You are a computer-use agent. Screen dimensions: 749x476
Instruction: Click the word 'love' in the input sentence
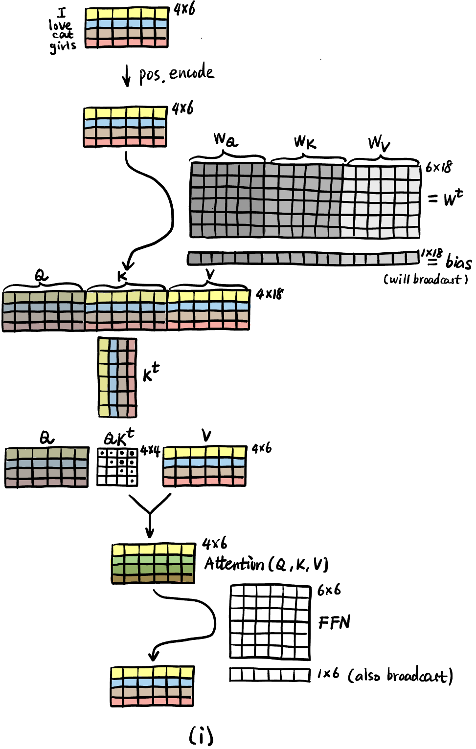click(x=60, y=24)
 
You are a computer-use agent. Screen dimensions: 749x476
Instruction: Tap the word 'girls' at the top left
click(x=63, y=46)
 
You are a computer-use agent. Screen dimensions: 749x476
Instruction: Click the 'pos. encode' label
click(x=177, y=73)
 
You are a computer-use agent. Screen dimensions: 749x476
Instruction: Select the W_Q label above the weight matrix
click(x=226, y=140)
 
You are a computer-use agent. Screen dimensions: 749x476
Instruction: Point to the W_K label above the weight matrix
click(x=305, y=142)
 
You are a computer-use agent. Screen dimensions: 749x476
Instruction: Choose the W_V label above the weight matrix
click(x=379, y=143)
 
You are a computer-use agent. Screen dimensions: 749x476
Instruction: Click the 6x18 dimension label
click(x=439, y=167)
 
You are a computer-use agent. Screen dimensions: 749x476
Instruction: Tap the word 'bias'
click(x=458, y=262)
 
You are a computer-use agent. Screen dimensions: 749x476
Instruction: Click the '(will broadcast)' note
click(x=426, y=279)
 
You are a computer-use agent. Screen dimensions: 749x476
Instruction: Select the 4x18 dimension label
click(x=270, y=294)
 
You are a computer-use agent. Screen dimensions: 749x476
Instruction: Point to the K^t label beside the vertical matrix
click(x=151, y=373)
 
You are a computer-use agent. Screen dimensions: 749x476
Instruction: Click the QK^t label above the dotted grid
click(x=119, y=437)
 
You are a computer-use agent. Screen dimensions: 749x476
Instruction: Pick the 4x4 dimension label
click(x=150, y=450)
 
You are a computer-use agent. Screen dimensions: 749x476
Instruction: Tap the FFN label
click(x=335, y=622)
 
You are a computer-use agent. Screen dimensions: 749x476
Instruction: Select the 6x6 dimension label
click(x=329, y=590)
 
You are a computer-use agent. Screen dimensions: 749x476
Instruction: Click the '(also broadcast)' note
click(x=400, y=676)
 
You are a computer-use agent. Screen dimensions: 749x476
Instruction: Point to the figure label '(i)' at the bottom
click(x=201, y=735)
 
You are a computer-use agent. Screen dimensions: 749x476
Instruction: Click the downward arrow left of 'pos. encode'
click(x=126, y=75)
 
